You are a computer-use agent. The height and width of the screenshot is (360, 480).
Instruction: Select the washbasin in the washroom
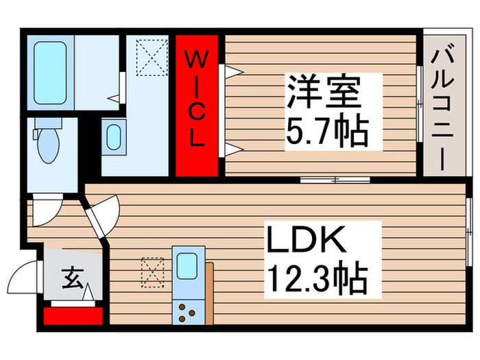(114, 135)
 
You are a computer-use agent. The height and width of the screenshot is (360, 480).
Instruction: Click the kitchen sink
(187, 266)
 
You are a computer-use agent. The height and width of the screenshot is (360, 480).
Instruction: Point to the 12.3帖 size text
(317, 278)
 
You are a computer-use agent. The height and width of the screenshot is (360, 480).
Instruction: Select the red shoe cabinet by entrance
(72, 316)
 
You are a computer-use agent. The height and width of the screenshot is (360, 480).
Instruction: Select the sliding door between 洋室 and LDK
(335, 180)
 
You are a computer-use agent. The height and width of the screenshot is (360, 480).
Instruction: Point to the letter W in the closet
(195, 58)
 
